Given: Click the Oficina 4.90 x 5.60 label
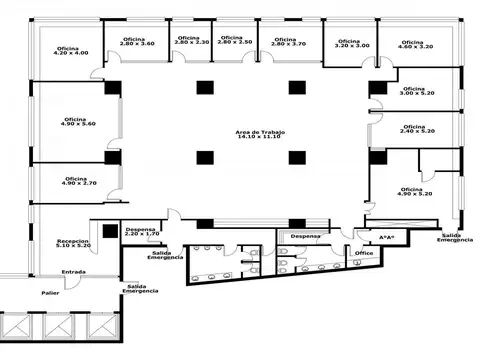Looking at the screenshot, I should pyautogui.click(x=76, y=121).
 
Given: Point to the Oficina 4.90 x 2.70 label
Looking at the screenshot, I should pyautogui.click(x=77, y=181).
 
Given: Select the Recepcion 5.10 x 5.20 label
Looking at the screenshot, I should pyautogui.click(x=72, y=243).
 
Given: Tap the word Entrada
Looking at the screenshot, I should pyautogui.click(x=73, y=271).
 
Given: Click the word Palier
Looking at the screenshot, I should pyautogui.click(x=50, y=293).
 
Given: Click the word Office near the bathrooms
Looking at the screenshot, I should pyautogui.click(x=364, y=253).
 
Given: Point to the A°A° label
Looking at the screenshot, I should pyautogui.click(x=386, y=237).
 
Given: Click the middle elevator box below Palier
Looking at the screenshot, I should pyautogui.click(x=65, y=327).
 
